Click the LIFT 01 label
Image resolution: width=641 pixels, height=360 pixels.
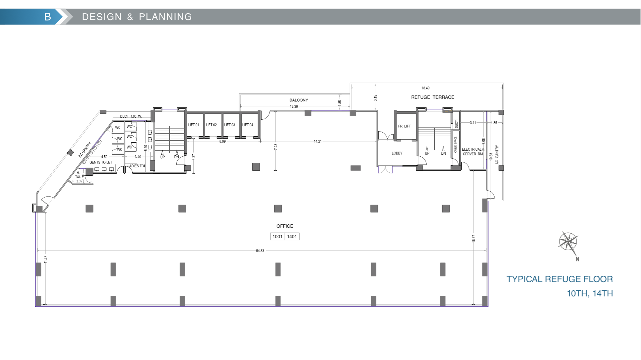194,125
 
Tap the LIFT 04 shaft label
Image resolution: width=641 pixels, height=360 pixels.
248,125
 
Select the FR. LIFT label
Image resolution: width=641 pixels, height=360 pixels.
404,126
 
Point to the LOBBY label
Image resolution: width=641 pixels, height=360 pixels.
397,153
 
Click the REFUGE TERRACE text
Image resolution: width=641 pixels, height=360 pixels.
432,97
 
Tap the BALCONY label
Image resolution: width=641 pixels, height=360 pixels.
299,100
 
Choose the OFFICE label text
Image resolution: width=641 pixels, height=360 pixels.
285,226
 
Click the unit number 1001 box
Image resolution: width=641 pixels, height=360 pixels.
278,237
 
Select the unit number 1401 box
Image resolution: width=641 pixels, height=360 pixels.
292,237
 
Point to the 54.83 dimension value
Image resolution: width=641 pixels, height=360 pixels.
260,251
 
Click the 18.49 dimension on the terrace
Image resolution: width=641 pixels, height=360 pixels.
425,88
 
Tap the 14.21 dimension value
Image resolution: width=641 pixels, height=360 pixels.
318,141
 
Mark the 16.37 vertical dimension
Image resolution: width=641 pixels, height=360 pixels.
474,239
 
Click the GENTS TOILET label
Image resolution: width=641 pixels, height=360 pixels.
101,162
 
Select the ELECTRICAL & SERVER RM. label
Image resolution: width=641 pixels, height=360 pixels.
473,152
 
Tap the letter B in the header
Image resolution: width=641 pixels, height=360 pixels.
48,17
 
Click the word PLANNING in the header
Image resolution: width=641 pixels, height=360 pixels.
165,17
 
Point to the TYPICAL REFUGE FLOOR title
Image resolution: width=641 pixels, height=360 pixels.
559,279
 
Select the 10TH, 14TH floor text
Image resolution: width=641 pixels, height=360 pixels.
590,293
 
